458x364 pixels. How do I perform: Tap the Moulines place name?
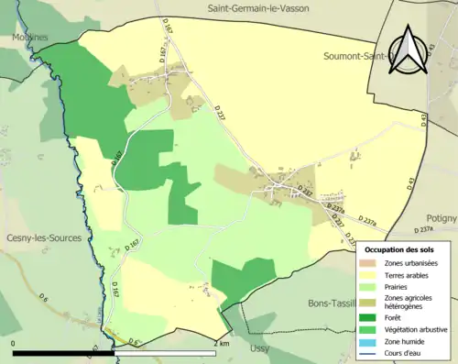(x=30, y=38)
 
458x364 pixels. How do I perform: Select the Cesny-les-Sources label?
(x=44, y=237)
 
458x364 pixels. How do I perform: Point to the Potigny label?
(x=439, y=219)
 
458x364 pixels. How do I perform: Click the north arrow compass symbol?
(x=408, y=51)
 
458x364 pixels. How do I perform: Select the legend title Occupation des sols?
(x=399, y=249)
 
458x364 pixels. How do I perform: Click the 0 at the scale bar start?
(x=14, y=343)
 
